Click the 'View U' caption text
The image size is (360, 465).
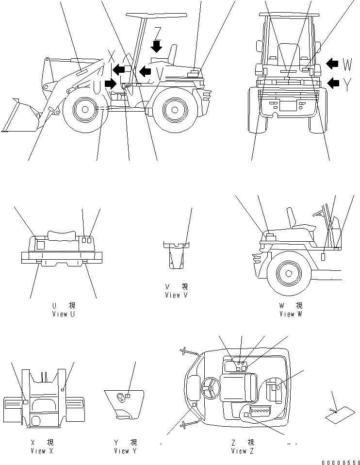click(x=64, y=314)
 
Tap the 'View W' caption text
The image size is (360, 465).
click(x=291, y=314)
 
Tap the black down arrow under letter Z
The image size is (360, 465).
click(x=157, y=47)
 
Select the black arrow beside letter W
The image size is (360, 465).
click(x=333, y=64)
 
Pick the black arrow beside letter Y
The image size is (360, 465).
click(x=333, y=83)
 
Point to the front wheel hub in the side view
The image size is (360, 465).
click(x=85, y=109)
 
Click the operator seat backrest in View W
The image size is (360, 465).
click(x=292, y=217)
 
